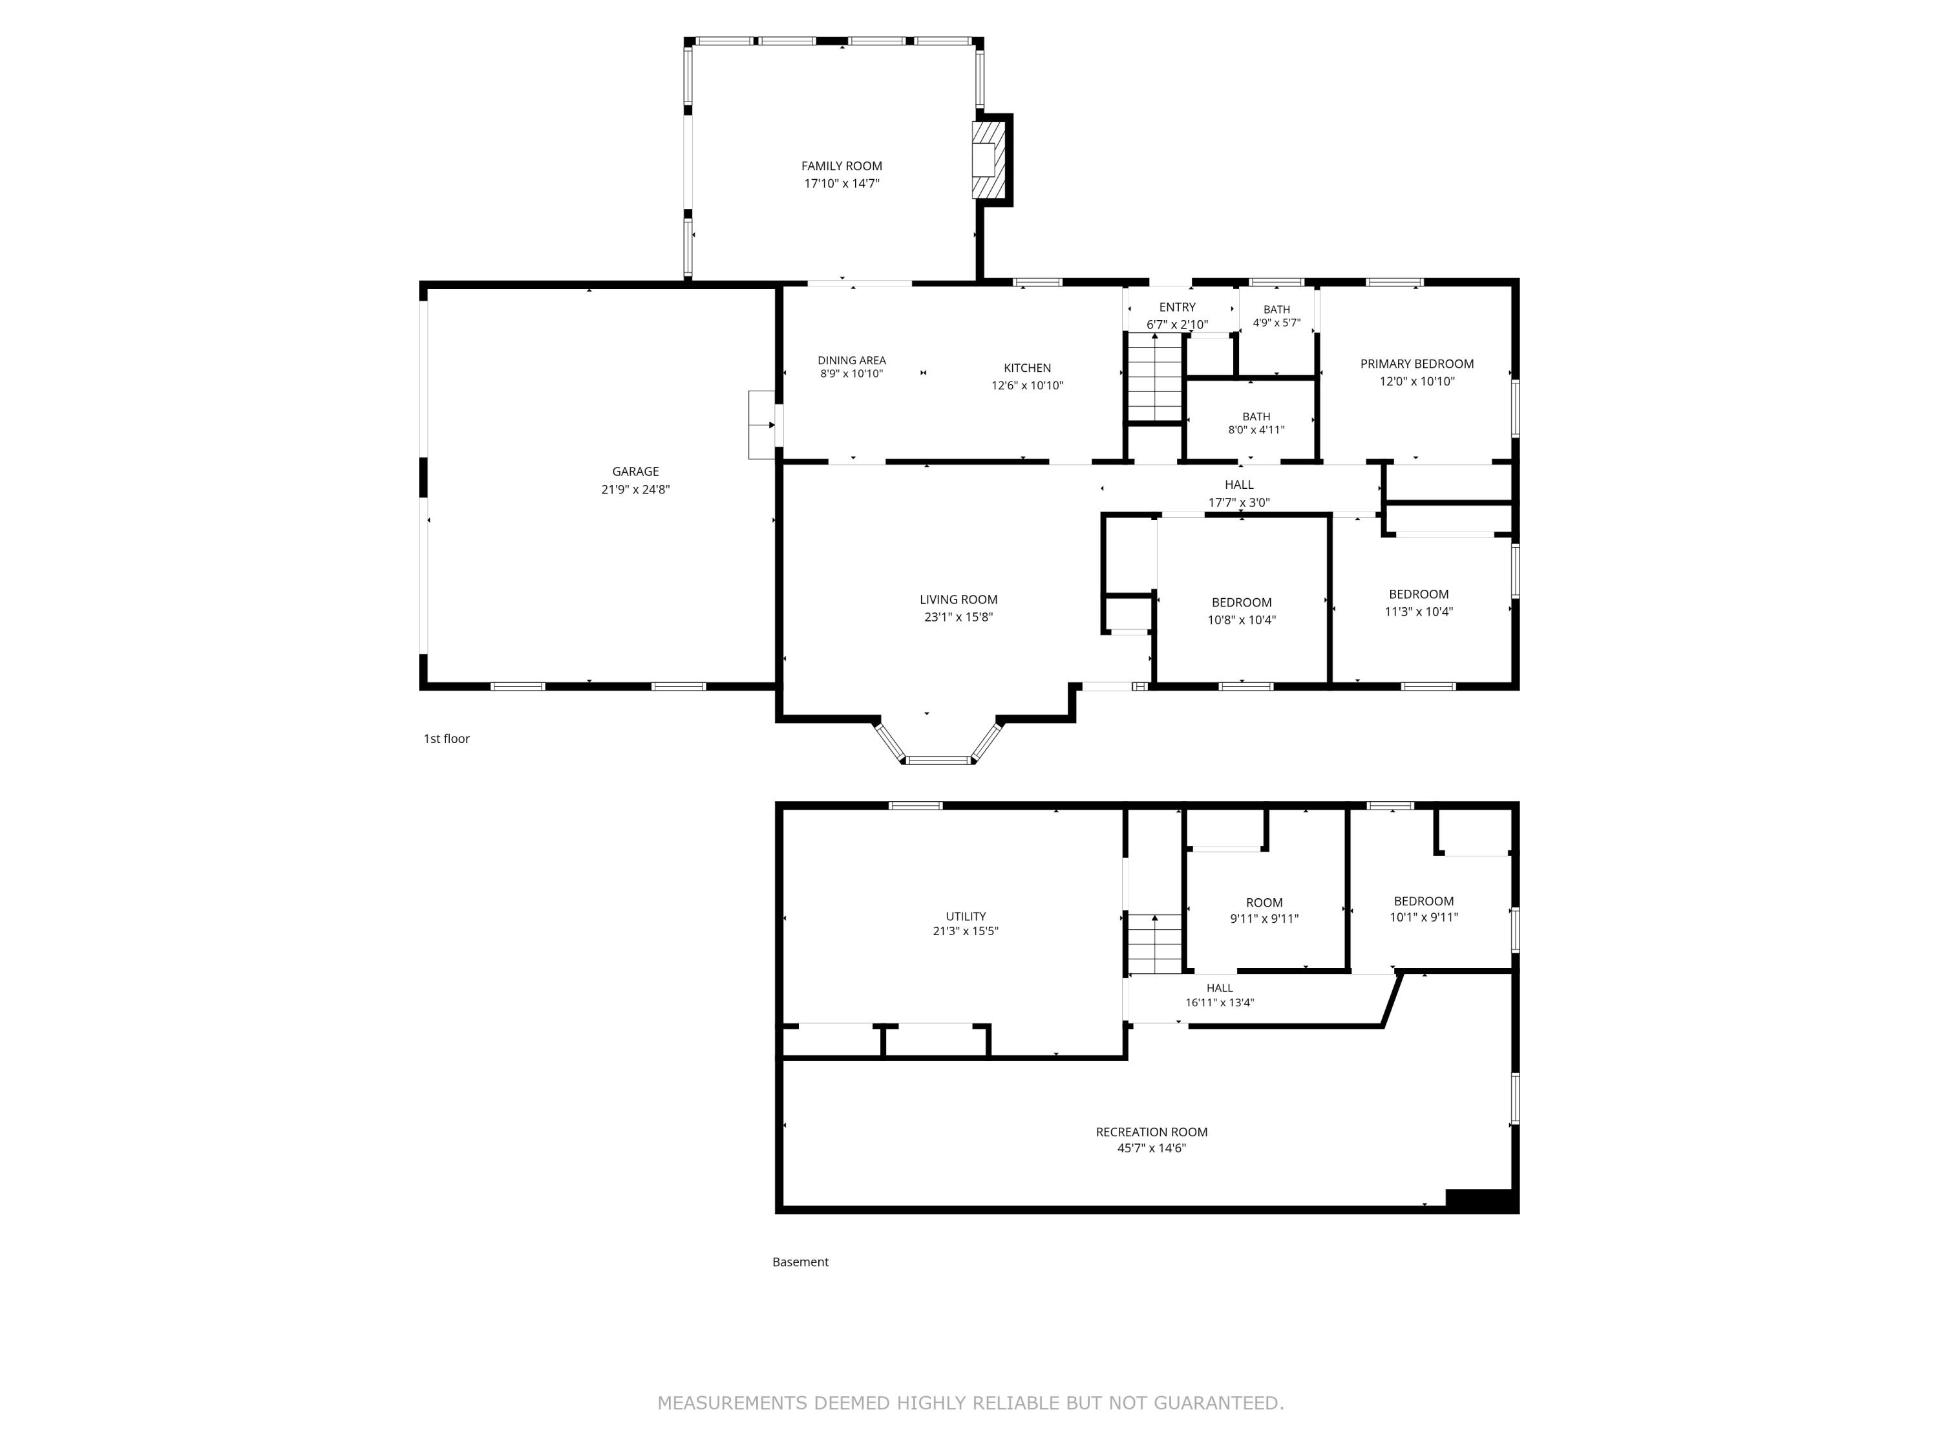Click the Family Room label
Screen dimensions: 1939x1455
(x=842, y=166)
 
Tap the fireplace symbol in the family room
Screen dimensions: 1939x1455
(x=985, y=160)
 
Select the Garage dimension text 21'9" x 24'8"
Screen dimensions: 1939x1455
(x=635, y=490)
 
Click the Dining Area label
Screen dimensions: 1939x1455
(x=852, y=360)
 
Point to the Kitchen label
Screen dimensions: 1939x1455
(x=1028, y=369)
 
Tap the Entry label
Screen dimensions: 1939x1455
(x=1177, y=307)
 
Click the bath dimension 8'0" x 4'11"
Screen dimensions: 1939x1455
(x=1256, y=430)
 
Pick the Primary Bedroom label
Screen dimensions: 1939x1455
(x=1417, y=364)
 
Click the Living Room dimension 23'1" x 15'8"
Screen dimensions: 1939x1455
(x=958, y=618)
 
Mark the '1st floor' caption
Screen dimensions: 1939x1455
(x=447, y=738)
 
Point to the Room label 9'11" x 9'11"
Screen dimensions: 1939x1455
(x=1264, y=903)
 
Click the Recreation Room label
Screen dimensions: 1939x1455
(x=1152, y=1132)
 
